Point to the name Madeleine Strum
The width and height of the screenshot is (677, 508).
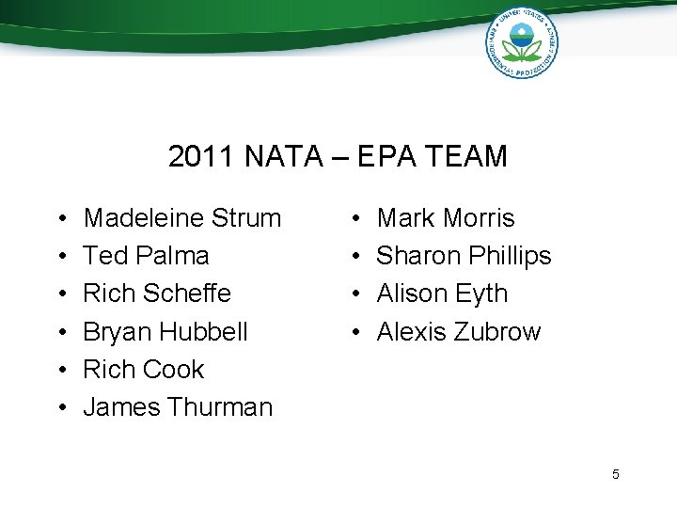pyautogui.click(x=182, y=218)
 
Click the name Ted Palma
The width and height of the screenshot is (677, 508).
pyautogui.click(x=146, y=256)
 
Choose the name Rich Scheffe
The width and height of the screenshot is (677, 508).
pyautogui.click(x=157, y=294)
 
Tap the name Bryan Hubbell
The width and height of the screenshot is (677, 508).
pyautogui.click(x=165, y=332)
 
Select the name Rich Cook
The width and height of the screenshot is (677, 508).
pyautogui.click(x=143, y=370)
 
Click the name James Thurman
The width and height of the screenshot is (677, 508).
pyautogui.click(x=178, y=407)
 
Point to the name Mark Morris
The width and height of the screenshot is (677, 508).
pyautogui.click(x=446, y=218)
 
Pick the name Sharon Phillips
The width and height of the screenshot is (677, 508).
pyautogui.click(x=464, y=256)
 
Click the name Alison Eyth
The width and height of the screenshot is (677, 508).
pyautogui.click(x=442, y=294)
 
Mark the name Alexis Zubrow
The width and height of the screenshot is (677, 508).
pyautogui.click(x=459, y=332)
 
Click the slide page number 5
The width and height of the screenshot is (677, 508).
pyautogui.click(x=616, y=474)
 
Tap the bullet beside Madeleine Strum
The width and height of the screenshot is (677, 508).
pyautogui.click(x=60, y=219)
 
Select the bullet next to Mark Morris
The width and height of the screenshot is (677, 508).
pyautogui.click(x=354, y=219)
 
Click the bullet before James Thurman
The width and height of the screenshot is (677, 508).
pyautogui.click(x=60, y=408)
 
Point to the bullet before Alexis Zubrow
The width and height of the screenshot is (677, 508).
pyautogui.click(x=354, y=333)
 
